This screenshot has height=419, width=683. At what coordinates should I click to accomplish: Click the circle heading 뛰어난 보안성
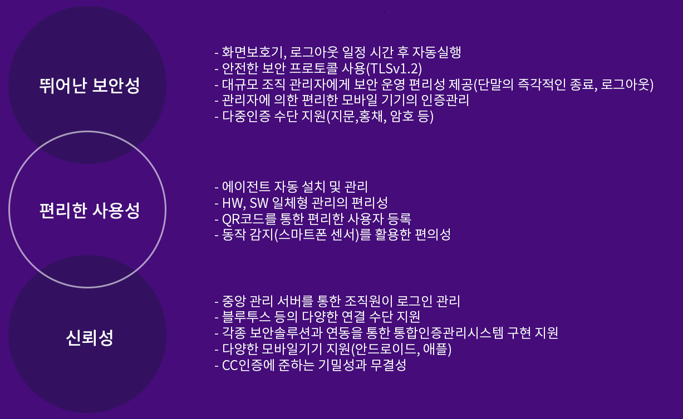89,85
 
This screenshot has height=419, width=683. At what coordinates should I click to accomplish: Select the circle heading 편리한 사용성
89,211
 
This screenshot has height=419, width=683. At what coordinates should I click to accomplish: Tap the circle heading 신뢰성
89,337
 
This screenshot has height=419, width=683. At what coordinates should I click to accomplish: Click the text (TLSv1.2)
394,68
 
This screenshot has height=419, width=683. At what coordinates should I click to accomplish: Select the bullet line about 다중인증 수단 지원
324,116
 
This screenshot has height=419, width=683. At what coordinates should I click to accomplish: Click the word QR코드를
249,218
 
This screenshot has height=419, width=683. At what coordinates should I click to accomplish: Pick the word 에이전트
246,187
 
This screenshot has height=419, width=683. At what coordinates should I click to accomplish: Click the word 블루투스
246,317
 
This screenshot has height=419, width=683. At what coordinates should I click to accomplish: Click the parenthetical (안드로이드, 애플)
401,349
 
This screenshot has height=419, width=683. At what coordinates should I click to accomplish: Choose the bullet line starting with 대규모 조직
434,84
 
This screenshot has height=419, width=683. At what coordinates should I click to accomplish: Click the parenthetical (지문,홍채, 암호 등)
380,116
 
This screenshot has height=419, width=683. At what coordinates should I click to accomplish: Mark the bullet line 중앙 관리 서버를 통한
337,301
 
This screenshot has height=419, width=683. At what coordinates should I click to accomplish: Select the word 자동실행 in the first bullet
436,52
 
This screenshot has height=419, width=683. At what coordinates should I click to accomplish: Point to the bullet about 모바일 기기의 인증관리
342,100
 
